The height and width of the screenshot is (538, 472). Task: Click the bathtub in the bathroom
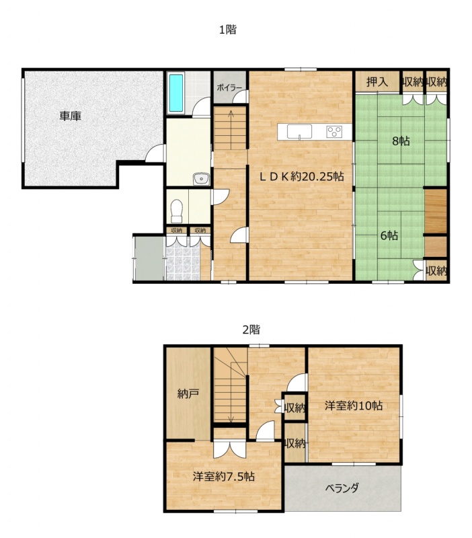click(x=176, y=93)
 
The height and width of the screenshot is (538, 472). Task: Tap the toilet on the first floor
click(x=177, y=211)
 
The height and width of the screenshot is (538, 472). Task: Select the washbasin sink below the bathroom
click(x=201, y=179)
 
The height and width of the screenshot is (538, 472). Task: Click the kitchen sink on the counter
click(x=299, y=132)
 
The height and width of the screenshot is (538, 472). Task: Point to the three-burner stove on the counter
click(x=334, y=132)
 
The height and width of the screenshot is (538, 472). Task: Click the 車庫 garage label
click(x=71, y=116)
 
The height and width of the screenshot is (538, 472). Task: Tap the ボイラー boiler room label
click(x=229, y=88)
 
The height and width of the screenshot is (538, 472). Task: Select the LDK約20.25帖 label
click(x=301, y=176)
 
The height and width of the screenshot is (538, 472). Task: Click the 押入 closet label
click(x=377, y=82)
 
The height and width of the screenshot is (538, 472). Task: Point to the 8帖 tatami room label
click(x=401, y=141)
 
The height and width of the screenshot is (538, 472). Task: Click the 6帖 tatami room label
click(x=389, y=235)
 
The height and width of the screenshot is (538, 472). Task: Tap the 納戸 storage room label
click(x=188, y=394)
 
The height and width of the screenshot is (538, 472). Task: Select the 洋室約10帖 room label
click(x=354, y=406)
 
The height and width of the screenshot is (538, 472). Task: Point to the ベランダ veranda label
click(x=342, y=488)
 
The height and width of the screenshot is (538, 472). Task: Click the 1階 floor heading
click(x=228, y=30)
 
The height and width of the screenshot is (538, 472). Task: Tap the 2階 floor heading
click(x=251, y=330)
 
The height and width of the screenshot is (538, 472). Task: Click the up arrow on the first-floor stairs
click(x=231, y=130)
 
